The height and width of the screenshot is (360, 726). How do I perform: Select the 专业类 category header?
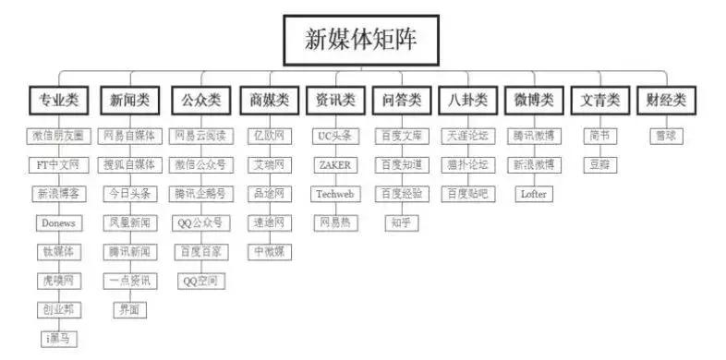pyautogui.click(x=58, y=100)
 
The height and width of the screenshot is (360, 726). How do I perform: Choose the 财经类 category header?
pyautogui.click(x=665, y=100)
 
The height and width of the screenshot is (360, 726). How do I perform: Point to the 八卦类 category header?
pyautogui.click(x=466, y=100)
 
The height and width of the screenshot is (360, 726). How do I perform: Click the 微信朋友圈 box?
pyautogui.click(x=58, y=136)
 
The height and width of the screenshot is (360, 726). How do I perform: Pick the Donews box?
pyautogui.click(x=58, y=222)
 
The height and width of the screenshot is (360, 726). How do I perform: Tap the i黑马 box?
pyautogui.click(x=58, y=339)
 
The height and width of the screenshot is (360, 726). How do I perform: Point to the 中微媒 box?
pyautogui.click(x=269, y=251)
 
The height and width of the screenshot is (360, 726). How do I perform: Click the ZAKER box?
pyautogui.click(x=334, y=165)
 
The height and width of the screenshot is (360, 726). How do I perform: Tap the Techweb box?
pyautogui.click(x=334, y=194)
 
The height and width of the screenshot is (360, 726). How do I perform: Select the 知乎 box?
pyautogui.click(x=401, y=222)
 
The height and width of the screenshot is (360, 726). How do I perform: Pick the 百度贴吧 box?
pyautogui.click(x=466, y=194)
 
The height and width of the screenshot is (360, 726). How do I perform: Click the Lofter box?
pyautogui.click(x=534, y=194)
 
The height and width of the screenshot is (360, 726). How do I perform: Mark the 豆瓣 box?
pyautogui.click(x=599, y=165)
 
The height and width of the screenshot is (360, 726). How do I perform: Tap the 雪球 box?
pyautogui.click(x=665, y=136)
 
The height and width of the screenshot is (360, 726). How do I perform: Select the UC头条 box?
pyautogui.click(x=334, y=136)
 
